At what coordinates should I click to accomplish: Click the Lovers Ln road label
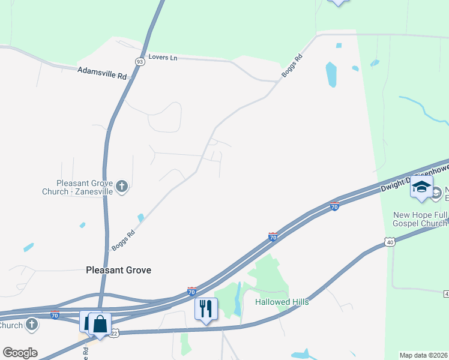(x=166, y=58)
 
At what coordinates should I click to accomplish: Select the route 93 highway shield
(x=140, y=61)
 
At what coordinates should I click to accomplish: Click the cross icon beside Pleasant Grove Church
(x=122, y=187)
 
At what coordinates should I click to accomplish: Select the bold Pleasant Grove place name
(x=118, y=270)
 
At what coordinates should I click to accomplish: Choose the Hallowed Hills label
(x=282, y=302)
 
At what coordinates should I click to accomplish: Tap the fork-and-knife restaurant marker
(x=206, y=308)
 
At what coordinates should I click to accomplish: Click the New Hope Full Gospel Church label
(x=420, y=219)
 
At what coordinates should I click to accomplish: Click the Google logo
(x=20, y=353)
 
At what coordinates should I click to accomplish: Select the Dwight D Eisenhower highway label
(x=414, y=178)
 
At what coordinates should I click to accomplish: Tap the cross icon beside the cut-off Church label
(x=31, y=326)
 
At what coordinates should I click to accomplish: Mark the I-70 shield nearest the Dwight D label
(x=335, y=206)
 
